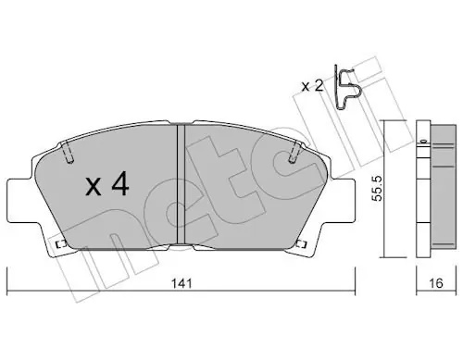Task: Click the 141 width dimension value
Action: [181, 283]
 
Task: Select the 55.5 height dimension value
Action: [377, 188]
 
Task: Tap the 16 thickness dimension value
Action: [436, 283]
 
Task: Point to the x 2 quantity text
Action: [312, 86]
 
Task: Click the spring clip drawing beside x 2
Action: [347, 87]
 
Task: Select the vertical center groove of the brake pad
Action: [181, 184]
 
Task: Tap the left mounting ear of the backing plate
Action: [20, 200]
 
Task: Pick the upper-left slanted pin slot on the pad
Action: [69, 152]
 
